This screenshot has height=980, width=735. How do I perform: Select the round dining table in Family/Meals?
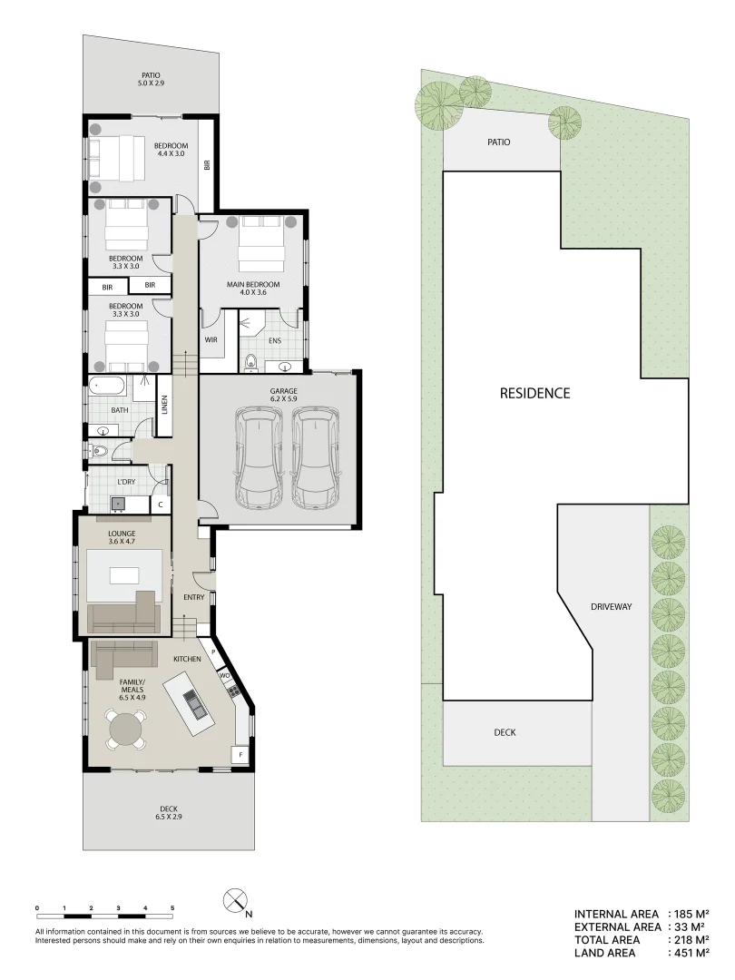coord(126,729)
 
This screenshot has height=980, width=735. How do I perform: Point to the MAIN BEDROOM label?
coord(252,289)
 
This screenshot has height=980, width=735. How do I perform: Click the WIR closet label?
coord(211,340)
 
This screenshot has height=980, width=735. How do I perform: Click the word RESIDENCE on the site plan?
coord(534,393)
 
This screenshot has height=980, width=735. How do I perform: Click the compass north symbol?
coord(235,901)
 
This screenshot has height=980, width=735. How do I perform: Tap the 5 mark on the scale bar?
coord(172,907)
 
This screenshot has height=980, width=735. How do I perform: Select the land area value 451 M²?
coord(691,953)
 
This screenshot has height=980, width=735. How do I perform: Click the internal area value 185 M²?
coord(691,915)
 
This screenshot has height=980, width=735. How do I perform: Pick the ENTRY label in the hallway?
coord(193,597)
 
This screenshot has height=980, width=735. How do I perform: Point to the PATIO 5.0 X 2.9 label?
coord(152,79)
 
